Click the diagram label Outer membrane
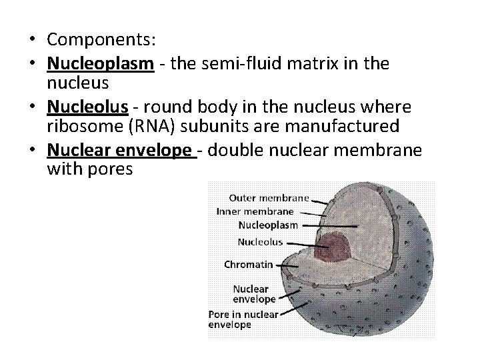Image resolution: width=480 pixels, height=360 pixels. pyautogui.click(x=269, y=197)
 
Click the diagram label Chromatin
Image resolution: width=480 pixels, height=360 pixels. pyautogui.click(x=248, y=265)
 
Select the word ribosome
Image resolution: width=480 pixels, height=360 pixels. pyautogui.click(x=76, y=125)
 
